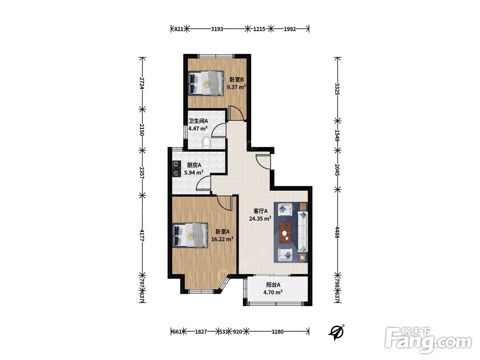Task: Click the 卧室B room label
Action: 237,80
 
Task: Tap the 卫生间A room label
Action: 198,121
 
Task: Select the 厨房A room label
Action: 194,165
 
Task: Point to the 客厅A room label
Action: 261,211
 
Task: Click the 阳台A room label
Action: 273,285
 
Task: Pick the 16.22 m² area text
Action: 222,239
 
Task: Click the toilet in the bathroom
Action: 206,143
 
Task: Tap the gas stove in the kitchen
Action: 176,169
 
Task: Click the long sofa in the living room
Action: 302,231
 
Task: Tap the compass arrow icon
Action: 336,332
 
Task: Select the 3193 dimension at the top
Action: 217,29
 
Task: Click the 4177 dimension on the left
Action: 142,235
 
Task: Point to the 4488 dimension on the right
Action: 337,233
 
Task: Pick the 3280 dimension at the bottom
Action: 277,332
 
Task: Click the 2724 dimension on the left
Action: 142,83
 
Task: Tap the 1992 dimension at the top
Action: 290,29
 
